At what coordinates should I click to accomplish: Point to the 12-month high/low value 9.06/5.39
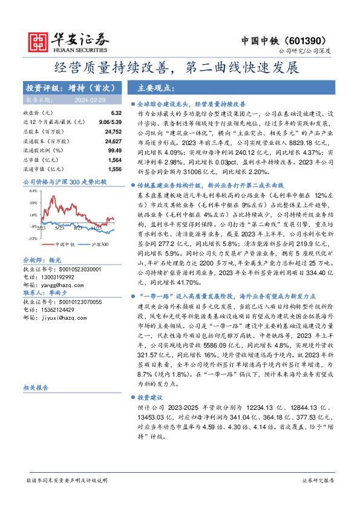tap(93, 122)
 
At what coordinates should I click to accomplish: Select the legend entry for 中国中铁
tap(48, 244)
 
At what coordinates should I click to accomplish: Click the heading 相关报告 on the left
tap(36, 387)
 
